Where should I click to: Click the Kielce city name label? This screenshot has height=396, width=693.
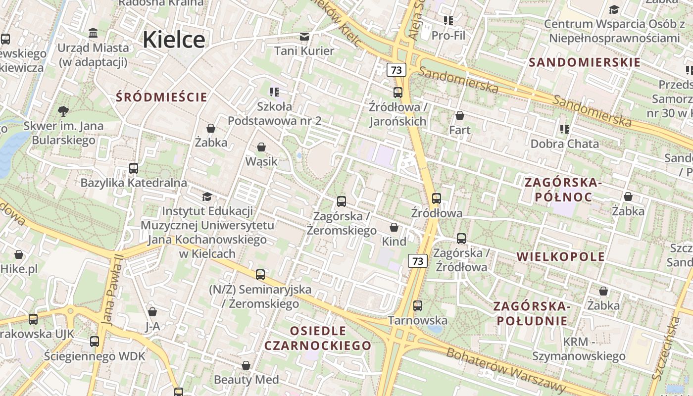(174, 40)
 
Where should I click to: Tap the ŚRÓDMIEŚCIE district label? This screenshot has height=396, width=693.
(162, 97)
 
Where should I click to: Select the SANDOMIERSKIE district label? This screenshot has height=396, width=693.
(585, 62)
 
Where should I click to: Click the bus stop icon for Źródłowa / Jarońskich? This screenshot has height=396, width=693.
(397, 92)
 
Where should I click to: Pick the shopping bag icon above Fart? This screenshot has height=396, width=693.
(459, 115)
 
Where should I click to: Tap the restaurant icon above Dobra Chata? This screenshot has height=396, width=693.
(564, 129)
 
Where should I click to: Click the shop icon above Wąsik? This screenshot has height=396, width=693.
(261, 147)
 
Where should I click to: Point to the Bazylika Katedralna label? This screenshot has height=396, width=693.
(134, 183)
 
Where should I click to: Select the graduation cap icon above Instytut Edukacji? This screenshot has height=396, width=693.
(207, 197)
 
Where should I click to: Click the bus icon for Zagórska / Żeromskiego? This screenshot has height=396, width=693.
(341, 201)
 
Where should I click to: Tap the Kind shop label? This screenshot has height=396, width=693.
(394, 242)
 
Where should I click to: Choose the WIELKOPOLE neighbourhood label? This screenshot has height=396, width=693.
(561, 256)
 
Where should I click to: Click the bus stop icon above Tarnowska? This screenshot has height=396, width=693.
(418, 306)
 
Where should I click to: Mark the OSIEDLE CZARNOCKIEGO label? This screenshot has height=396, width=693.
(318, 338)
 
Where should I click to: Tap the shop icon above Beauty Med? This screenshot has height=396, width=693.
(246, 365)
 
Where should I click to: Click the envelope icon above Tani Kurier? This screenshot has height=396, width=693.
(304, 36)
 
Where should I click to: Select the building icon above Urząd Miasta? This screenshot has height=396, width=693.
(93, 33)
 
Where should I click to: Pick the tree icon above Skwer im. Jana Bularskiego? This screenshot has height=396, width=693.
(63, 111)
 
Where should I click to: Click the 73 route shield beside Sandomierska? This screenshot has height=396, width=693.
(396, 70)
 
